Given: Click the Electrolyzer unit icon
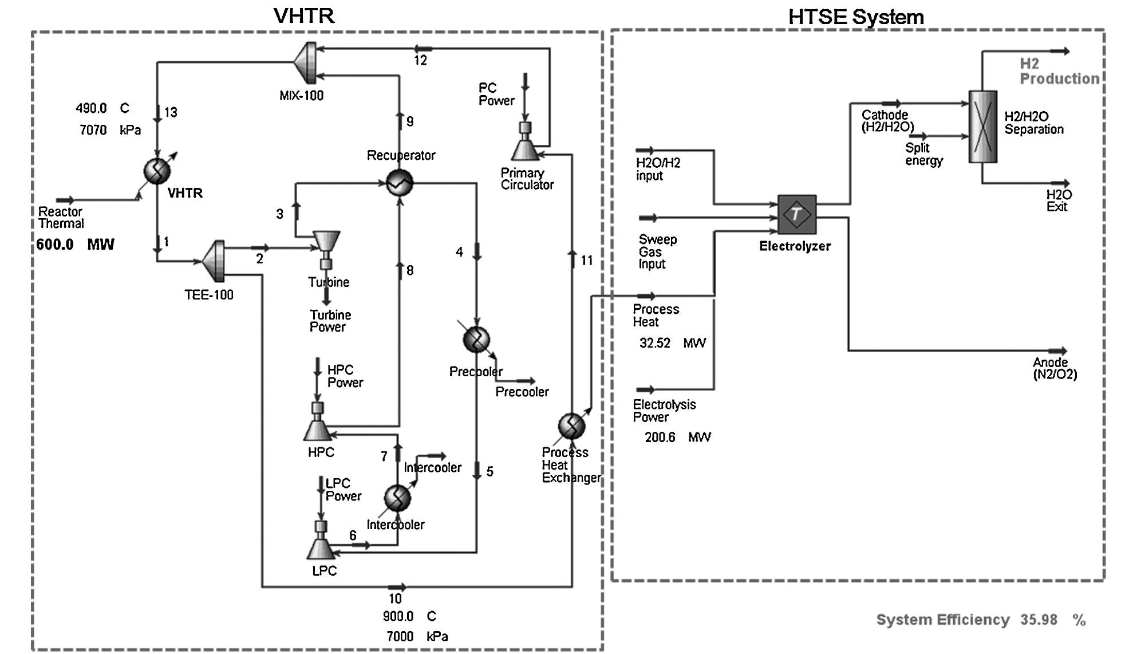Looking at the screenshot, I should coord(796,214).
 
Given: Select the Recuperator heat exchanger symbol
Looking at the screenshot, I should coord(399,183).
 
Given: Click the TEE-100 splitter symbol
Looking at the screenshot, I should coord(214,261).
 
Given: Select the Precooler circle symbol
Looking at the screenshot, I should coord(476,340).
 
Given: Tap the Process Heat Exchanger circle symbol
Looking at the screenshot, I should coord(571,426).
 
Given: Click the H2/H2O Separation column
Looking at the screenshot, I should coord(982,127).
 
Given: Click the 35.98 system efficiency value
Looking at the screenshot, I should coord(1039,620).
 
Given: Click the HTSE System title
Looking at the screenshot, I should coord(856,17).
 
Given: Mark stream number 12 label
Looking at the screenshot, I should coord(421,61).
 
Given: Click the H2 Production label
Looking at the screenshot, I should coord(1059,72).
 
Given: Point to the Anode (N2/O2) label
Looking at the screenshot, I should coord(1055,368).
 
